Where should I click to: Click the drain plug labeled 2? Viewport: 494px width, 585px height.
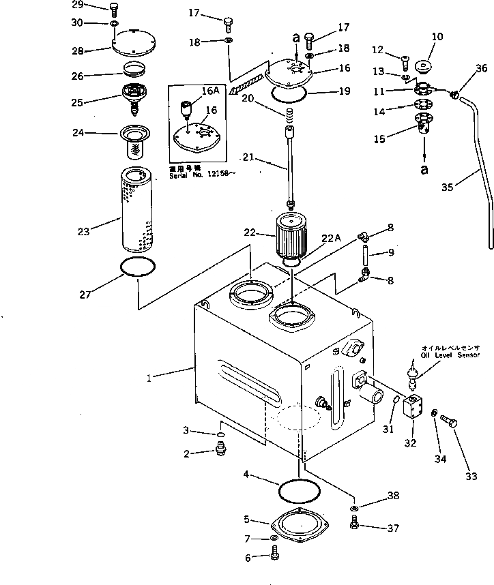point(221,449)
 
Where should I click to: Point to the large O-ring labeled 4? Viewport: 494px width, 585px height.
point(299,490)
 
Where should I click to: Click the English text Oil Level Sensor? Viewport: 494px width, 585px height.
point(450,355)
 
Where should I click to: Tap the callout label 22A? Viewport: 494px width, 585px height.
point(332,238)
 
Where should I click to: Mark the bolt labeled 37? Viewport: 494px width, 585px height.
point(354,525)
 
